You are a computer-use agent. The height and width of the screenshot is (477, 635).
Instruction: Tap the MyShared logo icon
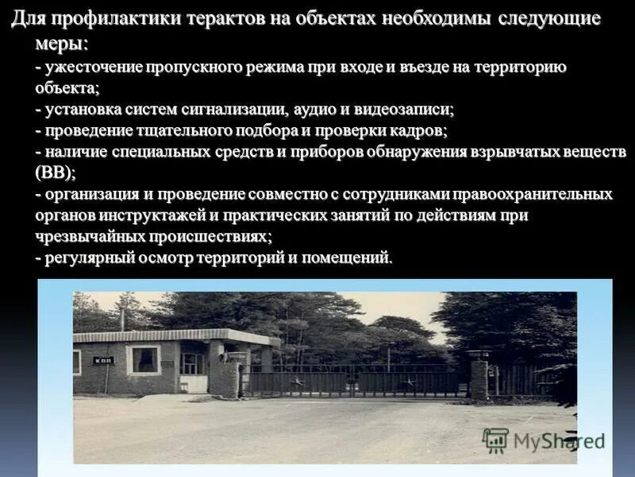click(x=495, y=440)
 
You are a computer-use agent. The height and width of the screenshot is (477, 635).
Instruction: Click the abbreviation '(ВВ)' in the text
click(x=56, y=172)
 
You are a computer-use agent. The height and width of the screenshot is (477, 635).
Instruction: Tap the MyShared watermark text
click(x=559, y=440)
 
